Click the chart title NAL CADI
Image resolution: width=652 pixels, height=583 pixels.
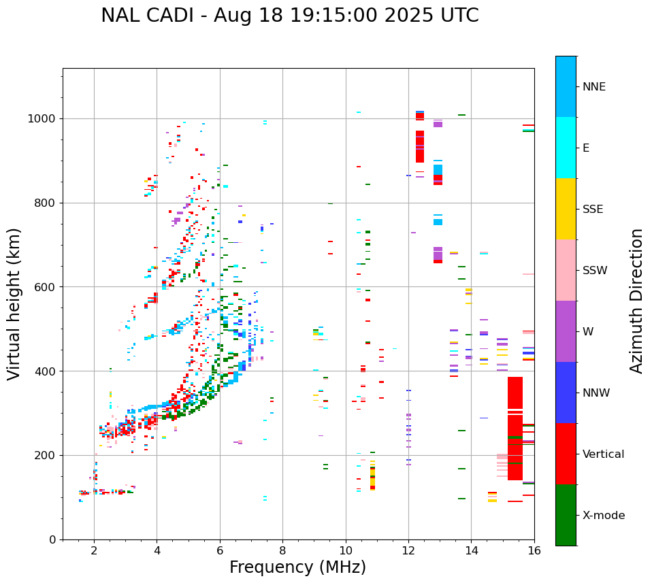click(289, 16)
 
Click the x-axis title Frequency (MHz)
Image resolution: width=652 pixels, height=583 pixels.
click(297, 567)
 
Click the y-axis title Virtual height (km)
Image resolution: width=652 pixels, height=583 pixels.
click(14, 303)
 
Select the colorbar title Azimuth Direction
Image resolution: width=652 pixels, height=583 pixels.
click(636, 301)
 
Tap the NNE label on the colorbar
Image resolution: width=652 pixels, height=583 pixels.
click(593, 87)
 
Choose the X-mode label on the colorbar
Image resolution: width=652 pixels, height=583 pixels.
click(603, 516)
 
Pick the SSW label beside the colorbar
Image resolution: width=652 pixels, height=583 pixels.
click(595, 271)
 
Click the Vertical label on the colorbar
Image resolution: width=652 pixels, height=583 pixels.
click(603, 454)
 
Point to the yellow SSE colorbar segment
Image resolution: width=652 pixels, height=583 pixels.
click(566, 209)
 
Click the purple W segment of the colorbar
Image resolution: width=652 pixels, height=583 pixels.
click(566, 331)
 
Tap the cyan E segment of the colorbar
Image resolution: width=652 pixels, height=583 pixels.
click(566, 148)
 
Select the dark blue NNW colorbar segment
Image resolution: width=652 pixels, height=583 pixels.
click(566, 393)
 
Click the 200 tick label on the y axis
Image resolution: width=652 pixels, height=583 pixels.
click(46, 455)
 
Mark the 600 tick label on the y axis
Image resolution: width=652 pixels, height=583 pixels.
click(46, 287)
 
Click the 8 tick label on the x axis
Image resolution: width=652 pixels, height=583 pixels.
click(282, 550)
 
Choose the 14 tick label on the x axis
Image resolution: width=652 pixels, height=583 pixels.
click(471, 550)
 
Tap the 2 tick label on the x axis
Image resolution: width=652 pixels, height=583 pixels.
click(94, 550)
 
